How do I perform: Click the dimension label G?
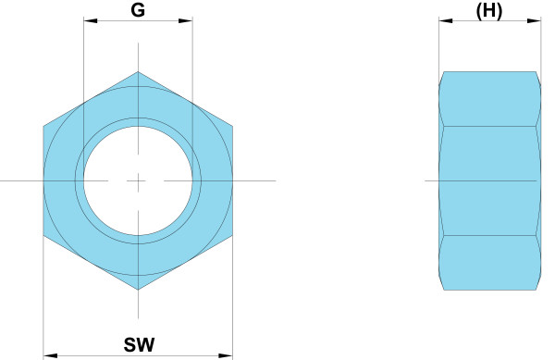138,10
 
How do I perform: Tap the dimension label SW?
139,344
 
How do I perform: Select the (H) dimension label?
488,11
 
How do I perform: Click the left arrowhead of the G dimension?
91,21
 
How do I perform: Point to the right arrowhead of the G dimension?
186,21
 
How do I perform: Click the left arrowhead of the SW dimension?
50,355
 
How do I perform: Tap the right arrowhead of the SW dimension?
226,355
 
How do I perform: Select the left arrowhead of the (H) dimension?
446,21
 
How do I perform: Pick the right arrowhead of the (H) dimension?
534,21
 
